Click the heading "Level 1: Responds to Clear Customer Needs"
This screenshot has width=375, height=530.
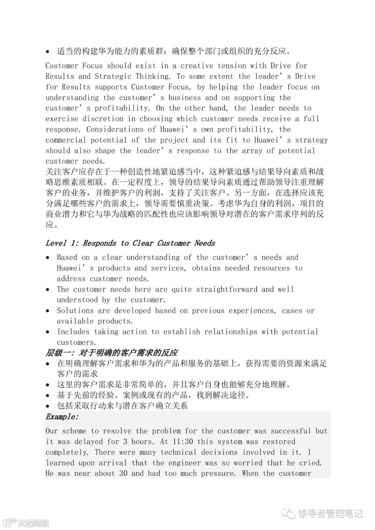130,243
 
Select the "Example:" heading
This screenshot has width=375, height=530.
62,417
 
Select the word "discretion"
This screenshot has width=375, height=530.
103,119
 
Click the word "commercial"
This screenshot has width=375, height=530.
66,140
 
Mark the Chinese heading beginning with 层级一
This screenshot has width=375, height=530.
111,353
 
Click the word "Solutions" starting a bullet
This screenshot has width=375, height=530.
75,311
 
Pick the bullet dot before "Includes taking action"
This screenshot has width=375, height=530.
48,332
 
